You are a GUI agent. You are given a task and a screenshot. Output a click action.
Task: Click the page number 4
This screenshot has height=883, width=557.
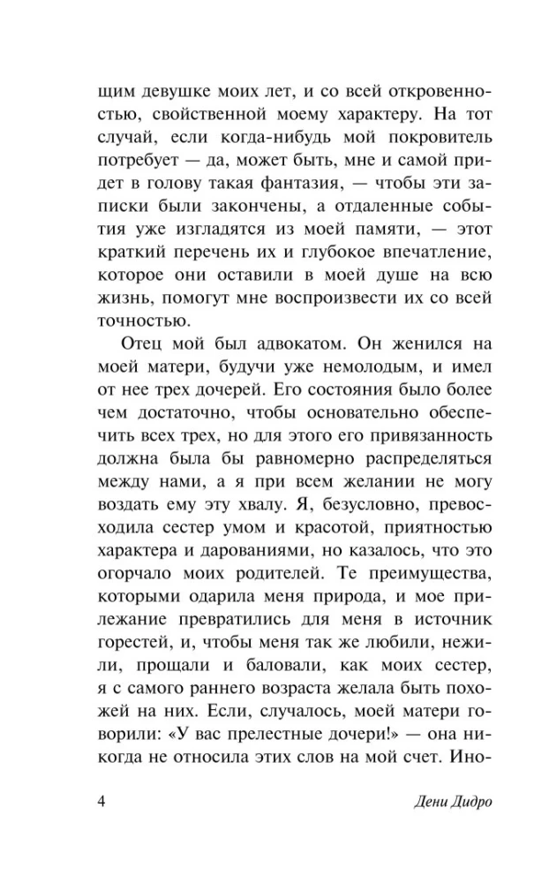[x=102, y=802]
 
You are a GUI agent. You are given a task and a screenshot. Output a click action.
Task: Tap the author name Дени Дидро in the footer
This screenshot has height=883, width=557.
[x=415, y=802]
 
